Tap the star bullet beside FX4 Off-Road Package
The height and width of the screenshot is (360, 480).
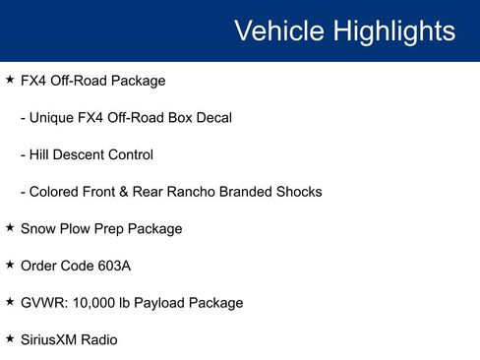pos(10,80)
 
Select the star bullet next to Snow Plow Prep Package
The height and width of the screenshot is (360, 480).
pos(10,228)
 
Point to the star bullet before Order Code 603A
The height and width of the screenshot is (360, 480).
pos(10,266)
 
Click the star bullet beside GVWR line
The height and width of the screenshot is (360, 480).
pos(10,302)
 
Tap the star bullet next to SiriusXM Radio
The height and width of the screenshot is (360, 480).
pos(10,339)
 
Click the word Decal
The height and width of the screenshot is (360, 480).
pos(212,117)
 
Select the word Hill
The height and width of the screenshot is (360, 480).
pos(43,154)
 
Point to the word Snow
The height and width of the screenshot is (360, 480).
pos(36,228)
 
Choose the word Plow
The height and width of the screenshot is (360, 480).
pos(74,228)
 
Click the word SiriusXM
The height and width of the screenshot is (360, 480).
pos(51,339)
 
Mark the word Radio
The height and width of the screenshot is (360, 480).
pos(101,339)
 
